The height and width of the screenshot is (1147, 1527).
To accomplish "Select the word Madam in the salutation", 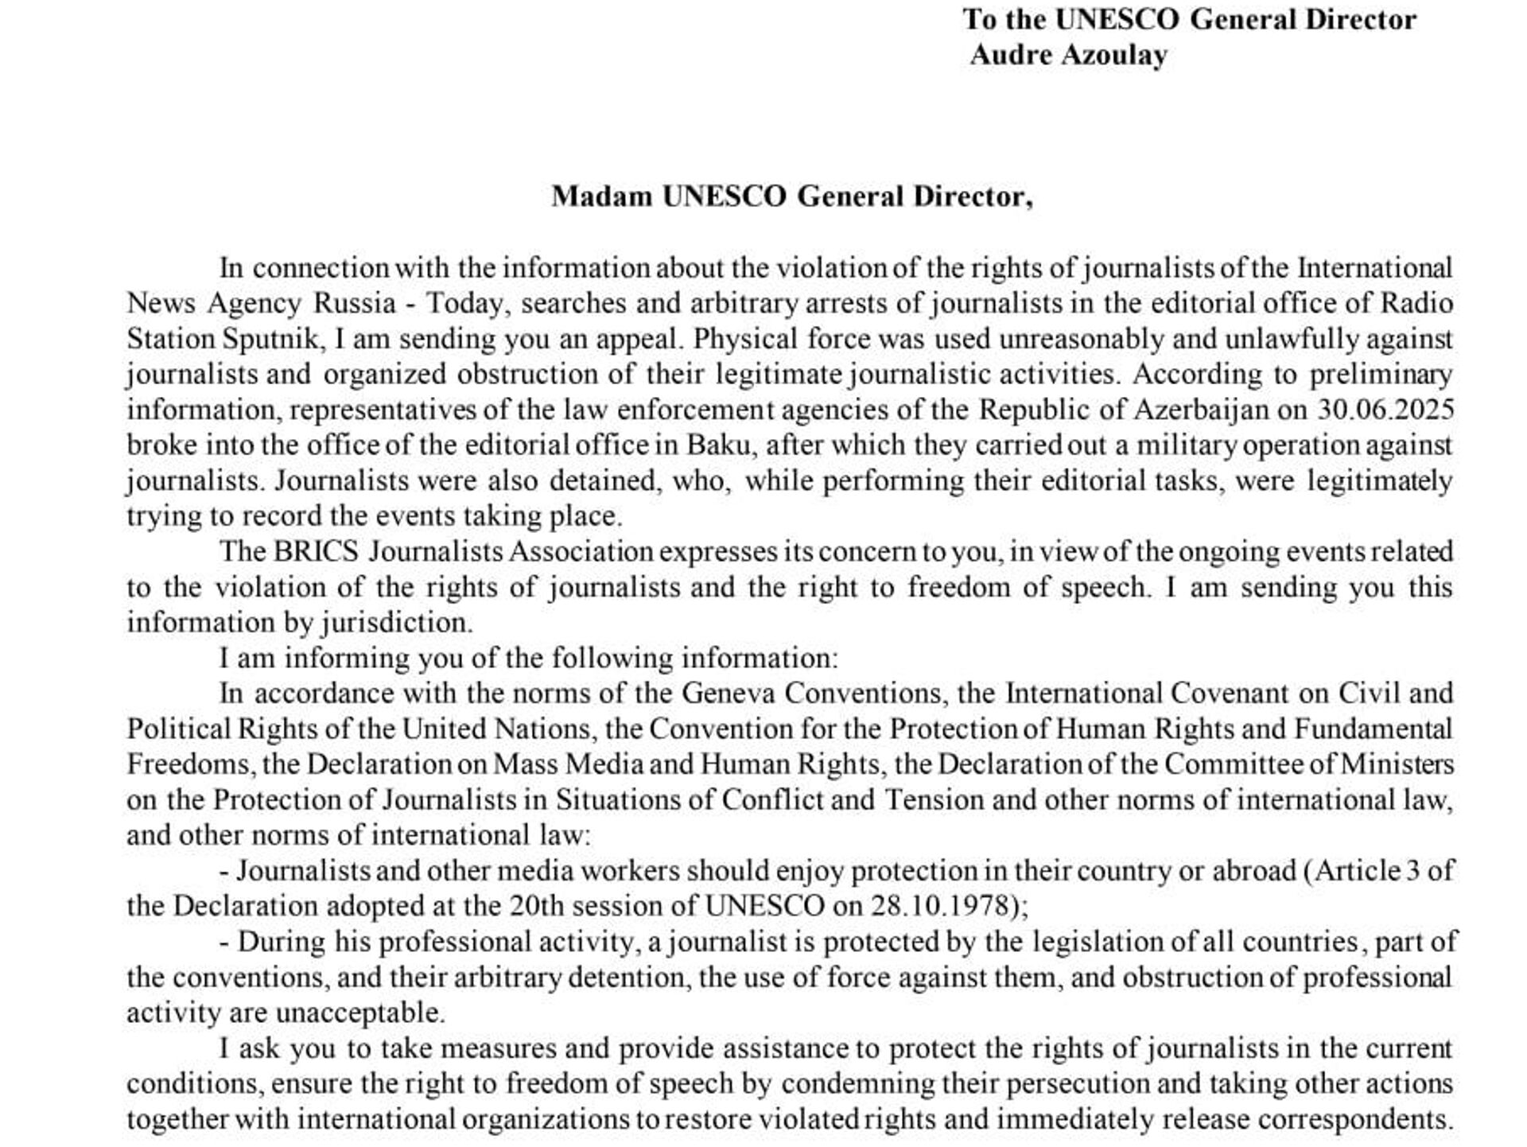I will coord(601,196).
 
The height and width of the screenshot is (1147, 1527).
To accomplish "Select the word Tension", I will coord(934,799).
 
